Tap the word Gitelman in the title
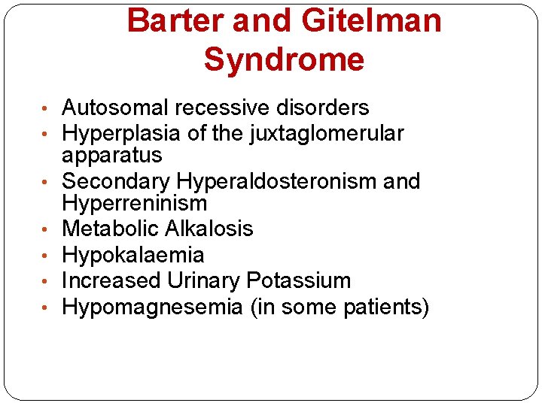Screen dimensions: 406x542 (372, 21)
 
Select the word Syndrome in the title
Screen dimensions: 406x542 (284, 59)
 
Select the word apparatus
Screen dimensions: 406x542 (112, 156)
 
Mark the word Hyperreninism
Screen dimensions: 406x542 (135, 203)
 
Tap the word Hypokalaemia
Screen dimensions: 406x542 (133, 255)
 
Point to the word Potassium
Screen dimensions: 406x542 (298, 280)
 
